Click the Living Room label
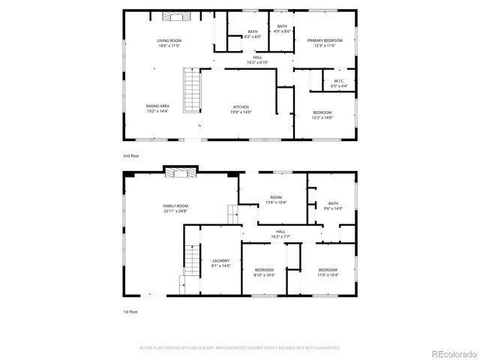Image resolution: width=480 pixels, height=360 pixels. [x=169, y=43]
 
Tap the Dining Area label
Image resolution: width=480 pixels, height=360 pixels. [x=157, y=109]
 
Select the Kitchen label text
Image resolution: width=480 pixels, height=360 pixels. [x=241, y=109]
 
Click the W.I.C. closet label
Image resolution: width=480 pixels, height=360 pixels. [x=339, y=85]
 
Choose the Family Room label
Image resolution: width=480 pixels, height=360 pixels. [x=175, y=208]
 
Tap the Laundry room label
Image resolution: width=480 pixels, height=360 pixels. [x=220, y=263]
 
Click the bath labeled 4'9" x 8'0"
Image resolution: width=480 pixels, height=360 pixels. [x=281, y=28]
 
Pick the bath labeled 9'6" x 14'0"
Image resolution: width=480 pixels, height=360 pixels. [x=333, y=205]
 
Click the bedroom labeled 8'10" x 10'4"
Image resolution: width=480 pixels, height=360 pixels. [x=264, y=272]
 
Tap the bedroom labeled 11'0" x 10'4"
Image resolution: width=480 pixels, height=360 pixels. [x=328, y=272]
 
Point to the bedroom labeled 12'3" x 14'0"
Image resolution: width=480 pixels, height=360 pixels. [x=322, y=115]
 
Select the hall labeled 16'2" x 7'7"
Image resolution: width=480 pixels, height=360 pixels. [x=280, y=234]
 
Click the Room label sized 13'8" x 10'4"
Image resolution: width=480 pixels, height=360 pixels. [x=275, y=200]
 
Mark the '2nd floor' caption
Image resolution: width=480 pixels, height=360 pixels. [x=131, y=155]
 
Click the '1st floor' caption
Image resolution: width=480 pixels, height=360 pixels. [x=130, y=310]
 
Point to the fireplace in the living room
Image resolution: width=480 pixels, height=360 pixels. [x=175, y=16]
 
